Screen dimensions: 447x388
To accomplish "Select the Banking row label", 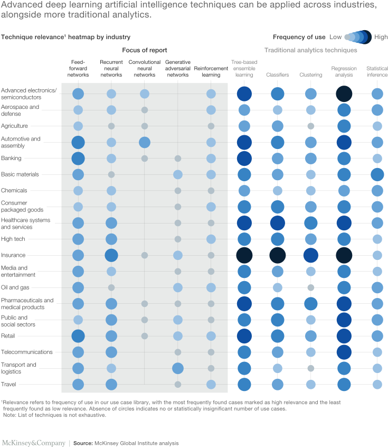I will pyautogui.click(x=11, y=158).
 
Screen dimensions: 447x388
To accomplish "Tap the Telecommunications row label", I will pyautogui.click(x=27, y=352).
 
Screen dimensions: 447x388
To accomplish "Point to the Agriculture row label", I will pyautogui.click(x=14, y=126).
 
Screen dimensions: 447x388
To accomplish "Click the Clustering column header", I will pyautogui.click(x=310, y=75).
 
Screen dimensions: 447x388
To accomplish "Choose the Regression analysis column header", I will pyautogui.click(x=344, y=71).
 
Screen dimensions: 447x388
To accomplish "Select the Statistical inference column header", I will pyautogui.click(x=377, y=71).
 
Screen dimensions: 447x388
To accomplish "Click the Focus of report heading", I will pyautogui.click(x=145, y=50).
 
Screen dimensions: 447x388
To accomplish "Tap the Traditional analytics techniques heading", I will pyautogui.click(x=310, y=50).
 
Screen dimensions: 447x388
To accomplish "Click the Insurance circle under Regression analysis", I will pyautogui.click(x=344, y=255).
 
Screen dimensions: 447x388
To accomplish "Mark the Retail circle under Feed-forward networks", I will pyautogui.click(x=78, y=336).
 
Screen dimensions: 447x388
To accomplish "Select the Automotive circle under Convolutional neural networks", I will pyautogui.click(x=144, y=142).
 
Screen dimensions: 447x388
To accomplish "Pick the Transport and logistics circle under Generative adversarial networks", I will pyautogui.click(x=178, y=368).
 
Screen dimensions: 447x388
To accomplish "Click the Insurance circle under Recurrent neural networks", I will pyautogui.click(x=111, y=255).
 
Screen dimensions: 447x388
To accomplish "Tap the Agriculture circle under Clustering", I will pyautogui.click(x=310, y=126).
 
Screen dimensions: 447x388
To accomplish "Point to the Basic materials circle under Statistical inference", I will pyautogui.click(x=377, y=174).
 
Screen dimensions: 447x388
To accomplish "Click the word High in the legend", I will pyautogui.click(x=380, y=37).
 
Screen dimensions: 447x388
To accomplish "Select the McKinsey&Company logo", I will pyautogui.click(x=33, y=443).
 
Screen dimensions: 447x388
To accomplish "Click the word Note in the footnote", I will pyautogui.click(x=9, y=415).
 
